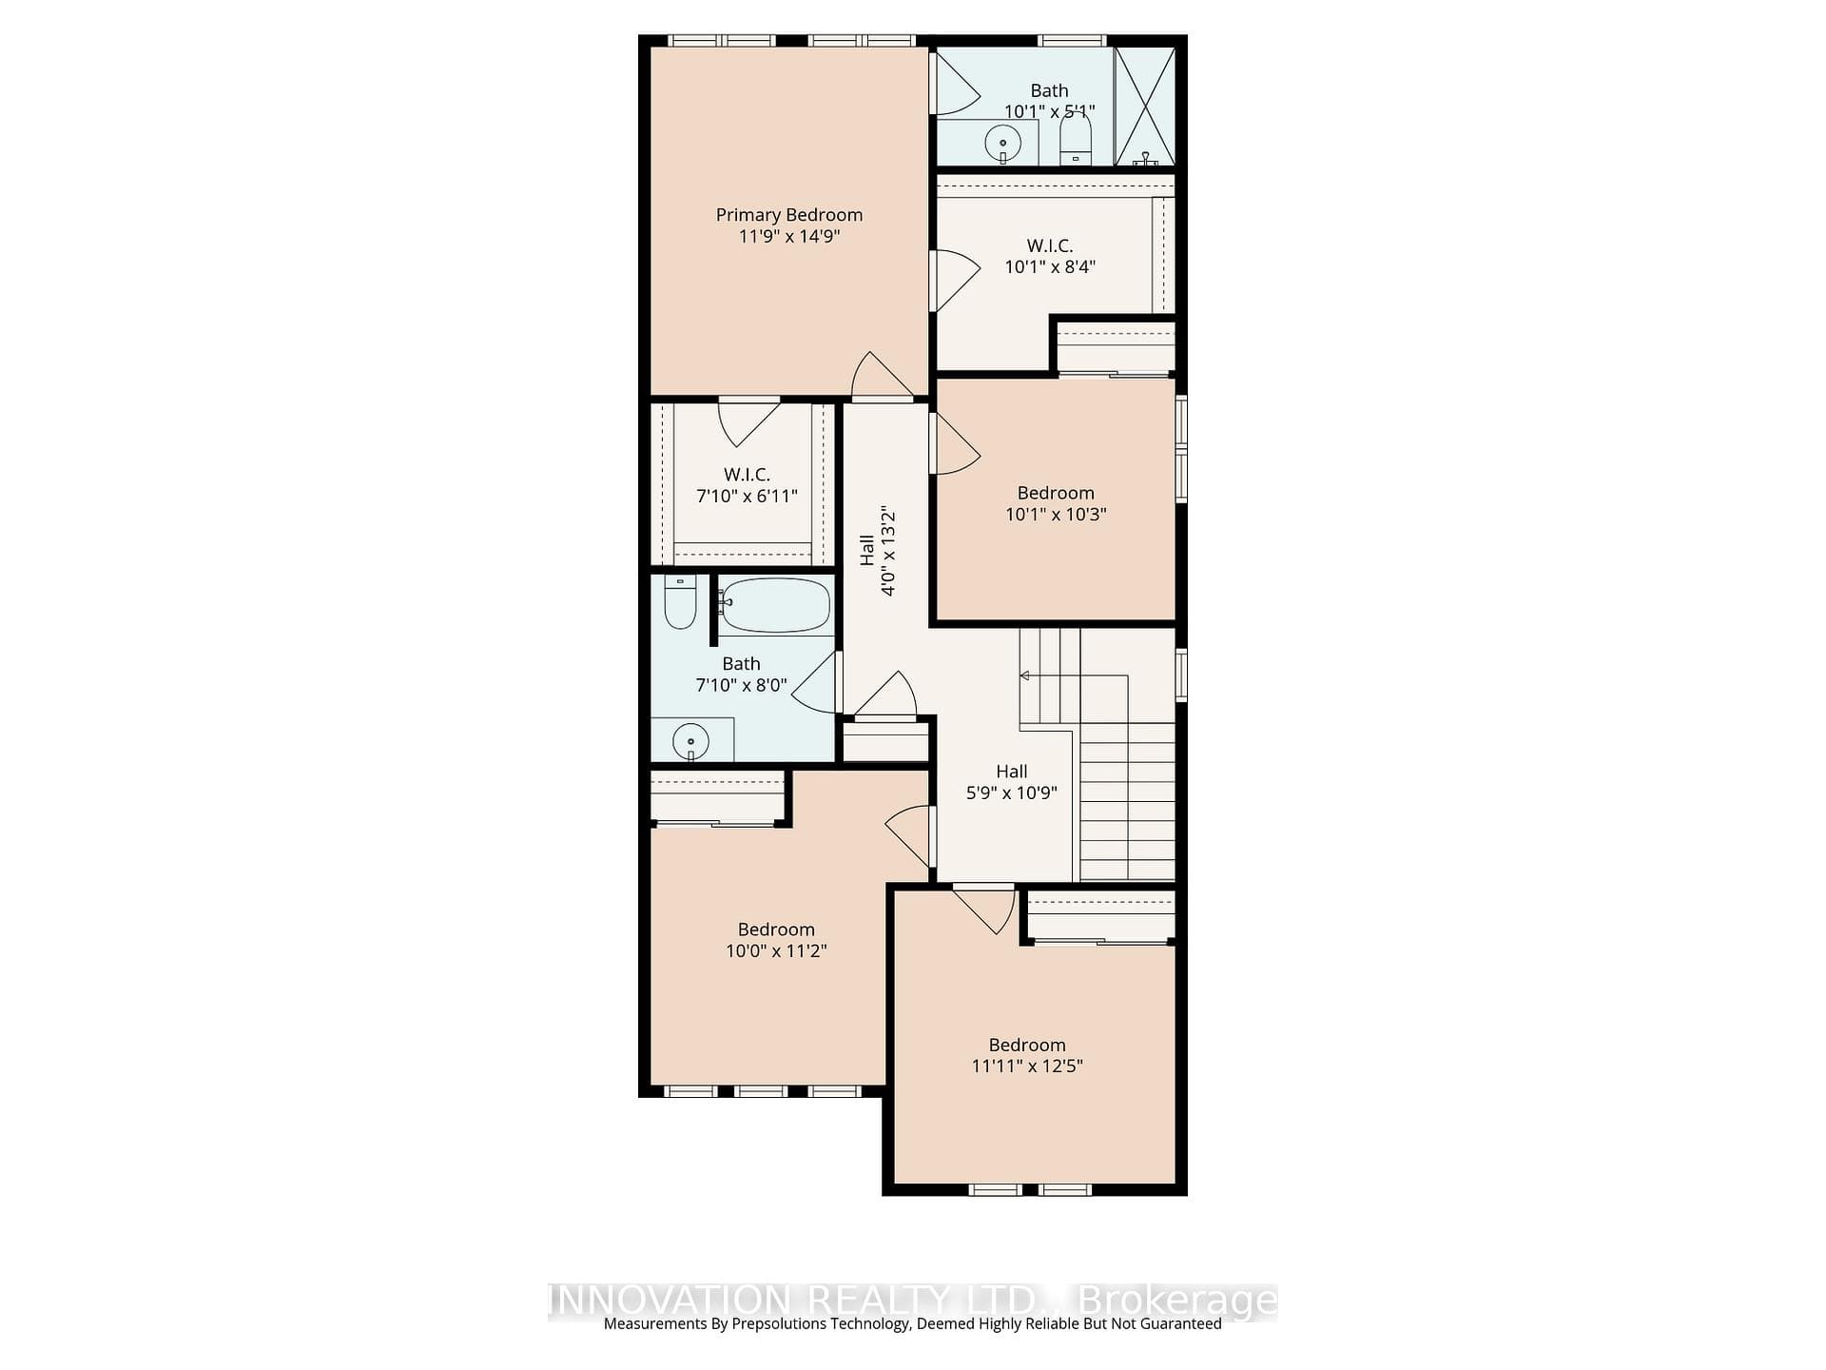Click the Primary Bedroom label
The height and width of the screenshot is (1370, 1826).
(789, 215)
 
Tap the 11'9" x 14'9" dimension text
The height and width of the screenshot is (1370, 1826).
(789, 236)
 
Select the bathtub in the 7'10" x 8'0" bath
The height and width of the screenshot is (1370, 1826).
(774, 605)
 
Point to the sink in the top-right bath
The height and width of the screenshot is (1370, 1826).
(1002, 145)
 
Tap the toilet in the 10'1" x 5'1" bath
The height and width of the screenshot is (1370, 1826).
(1076, 139)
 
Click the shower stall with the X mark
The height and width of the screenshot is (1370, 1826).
(1145, 107)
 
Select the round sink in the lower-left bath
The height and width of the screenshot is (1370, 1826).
(690, 741)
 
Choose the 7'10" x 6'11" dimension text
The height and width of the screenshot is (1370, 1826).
(747, 496)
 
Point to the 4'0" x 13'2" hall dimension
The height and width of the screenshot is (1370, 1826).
(888, 552)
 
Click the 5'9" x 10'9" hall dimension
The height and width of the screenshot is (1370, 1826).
(1012, 793)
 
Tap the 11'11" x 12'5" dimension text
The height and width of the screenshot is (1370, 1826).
(1027, 1066)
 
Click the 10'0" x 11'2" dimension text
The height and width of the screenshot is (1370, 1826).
(776, 950)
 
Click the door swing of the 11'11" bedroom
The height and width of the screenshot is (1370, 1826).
(986, 910)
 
